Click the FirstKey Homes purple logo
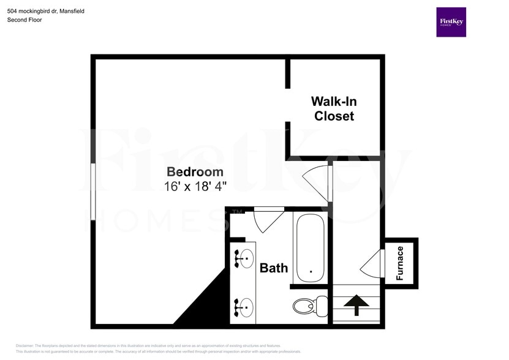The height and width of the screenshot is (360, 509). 451,22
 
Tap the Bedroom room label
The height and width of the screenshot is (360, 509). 195,171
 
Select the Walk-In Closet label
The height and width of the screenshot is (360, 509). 334,108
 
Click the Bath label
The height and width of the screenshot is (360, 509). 274,268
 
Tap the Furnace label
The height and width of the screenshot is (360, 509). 400,263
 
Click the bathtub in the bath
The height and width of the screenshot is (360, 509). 311,246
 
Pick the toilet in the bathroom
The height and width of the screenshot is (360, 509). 306,304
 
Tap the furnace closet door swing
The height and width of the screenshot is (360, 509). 370,263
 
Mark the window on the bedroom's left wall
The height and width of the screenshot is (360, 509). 92,191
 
